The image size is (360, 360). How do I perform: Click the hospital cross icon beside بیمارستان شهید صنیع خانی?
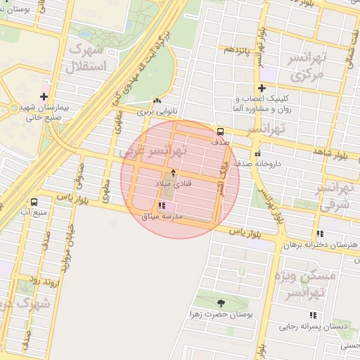[44, 96]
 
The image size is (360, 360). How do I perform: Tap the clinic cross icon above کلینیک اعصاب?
[262, 88]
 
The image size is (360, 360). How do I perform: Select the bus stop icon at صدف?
[221, 131]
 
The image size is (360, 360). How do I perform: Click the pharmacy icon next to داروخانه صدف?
[257, 153]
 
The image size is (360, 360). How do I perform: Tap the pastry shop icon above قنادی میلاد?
[173, 173]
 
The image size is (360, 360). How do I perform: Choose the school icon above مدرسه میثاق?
[162, 205]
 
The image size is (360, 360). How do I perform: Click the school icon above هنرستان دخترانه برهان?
[319, 233]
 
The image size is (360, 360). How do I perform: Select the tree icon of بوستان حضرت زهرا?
[221, 302]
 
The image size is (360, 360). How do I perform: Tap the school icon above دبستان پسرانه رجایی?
[313, 315]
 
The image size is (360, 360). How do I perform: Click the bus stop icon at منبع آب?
[34, 202]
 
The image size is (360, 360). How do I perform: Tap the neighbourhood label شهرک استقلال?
[94, 59]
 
